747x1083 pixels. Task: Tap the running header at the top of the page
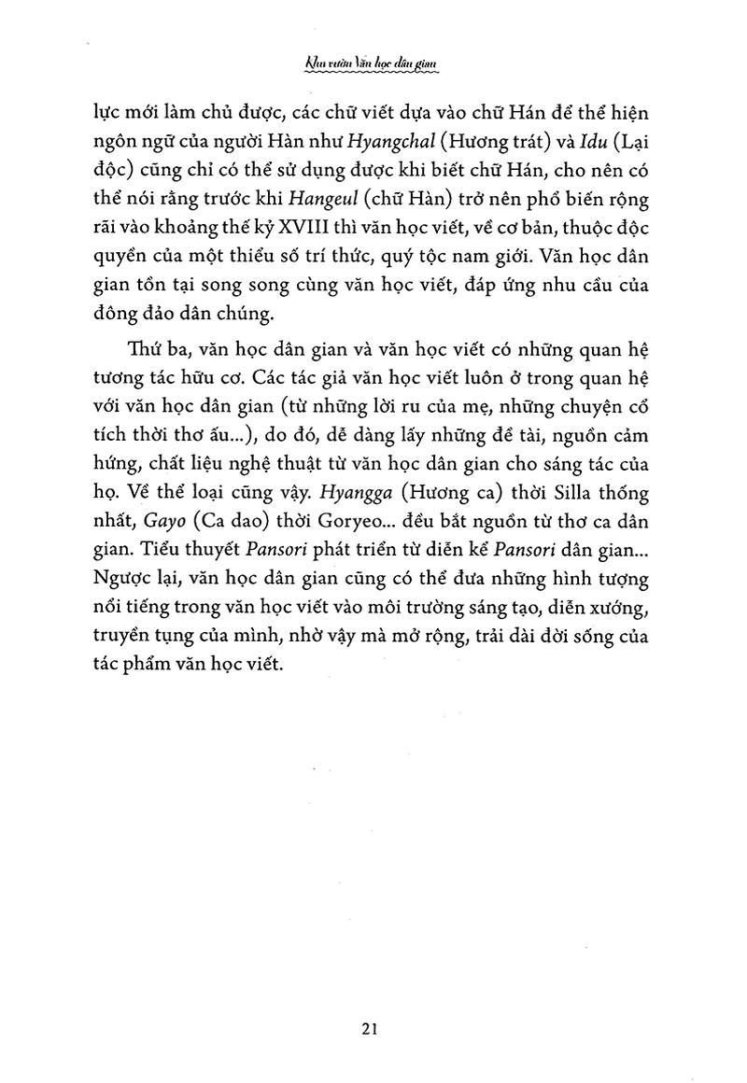coord(373,64)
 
